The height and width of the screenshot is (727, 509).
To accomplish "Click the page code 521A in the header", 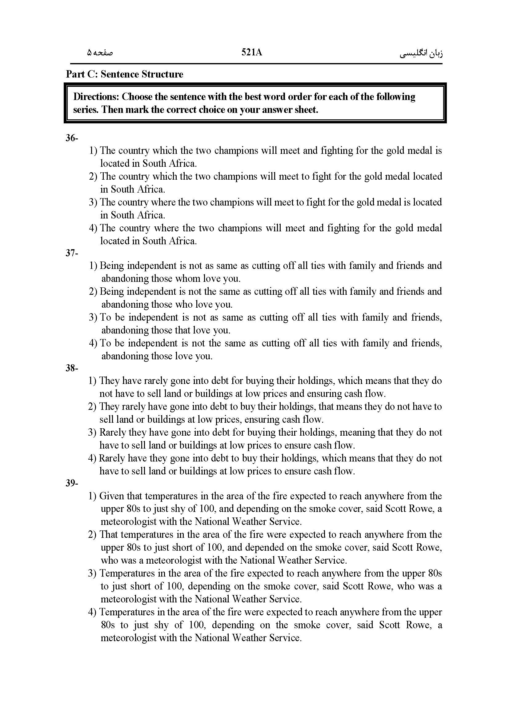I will (x=251, y=52).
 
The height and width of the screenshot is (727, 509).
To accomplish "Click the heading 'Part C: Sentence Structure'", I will (x=124, y=74).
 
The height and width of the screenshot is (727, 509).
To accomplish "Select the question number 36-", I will (x=72, y=138).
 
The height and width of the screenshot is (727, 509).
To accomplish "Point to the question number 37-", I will (x=72, y=253).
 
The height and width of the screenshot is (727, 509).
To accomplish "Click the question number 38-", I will (x=72, y=368).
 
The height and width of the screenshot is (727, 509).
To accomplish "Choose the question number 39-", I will (x=72, y=483).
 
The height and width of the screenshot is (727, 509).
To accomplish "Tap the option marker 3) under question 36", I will (x=93, y=202).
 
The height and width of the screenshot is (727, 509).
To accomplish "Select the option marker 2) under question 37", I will (x=93, y=292).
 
